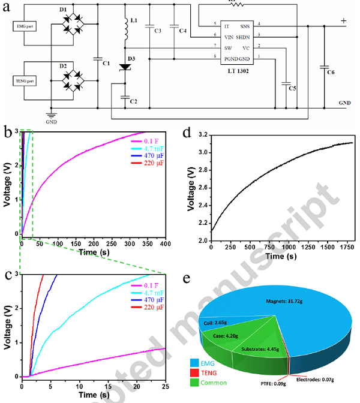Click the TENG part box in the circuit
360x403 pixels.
point(25,79)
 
